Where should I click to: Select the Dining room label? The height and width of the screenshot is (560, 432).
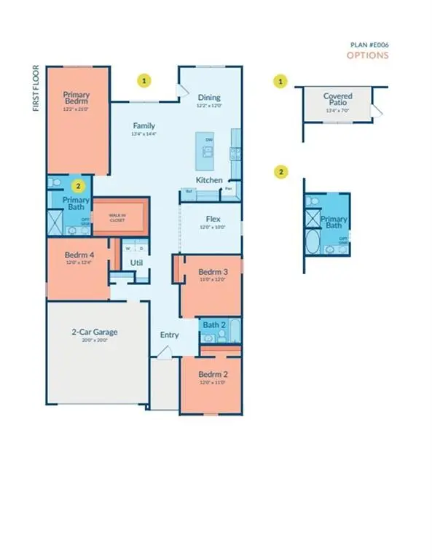pyautogui.click(x=209, y=98)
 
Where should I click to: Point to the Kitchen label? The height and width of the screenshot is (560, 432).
pyautogui.click(x=208, y=180)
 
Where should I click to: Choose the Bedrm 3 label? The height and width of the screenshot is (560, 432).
pyautogui.click(x=213, y=273)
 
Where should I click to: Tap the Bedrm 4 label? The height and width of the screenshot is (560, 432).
pyautogui.click(x=77, y=255)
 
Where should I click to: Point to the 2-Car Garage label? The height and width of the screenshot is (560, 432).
pyautogui.click(x=95, y=332)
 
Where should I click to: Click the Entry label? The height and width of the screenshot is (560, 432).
pyautogui.click(x=169, y=335)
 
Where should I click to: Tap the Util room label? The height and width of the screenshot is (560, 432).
pyautogui.click(x=136, y=262)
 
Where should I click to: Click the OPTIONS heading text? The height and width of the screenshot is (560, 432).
pyautogui.click(x=367, y=55)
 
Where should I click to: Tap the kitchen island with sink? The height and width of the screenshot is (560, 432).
pyautogui.click(x=208, y=149)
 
